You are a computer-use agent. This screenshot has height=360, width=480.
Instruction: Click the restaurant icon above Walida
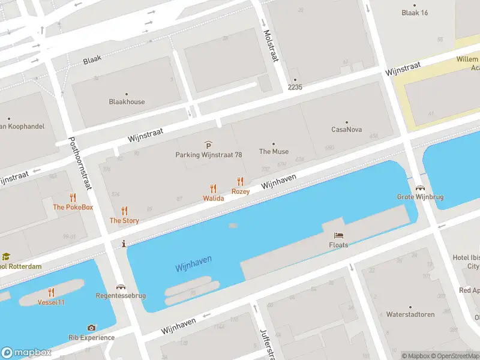pos(213,188)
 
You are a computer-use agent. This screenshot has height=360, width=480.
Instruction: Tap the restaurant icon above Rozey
pos(241,181)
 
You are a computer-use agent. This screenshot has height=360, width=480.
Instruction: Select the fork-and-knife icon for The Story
pos(124,211)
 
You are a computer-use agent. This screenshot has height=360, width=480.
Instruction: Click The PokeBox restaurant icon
pos(73,197)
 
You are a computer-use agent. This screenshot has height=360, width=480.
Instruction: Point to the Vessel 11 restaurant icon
pos(52,292)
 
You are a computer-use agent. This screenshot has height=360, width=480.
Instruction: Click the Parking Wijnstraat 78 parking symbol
pos(208,145)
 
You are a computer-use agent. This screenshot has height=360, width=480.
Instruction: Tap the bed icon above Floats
pos(338,236)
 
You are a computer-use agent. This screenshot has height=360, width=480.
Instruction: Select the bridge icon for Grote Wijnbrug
pos(419,188)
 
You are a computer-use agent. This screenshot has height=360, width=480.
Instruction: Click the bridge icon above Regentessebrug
pos(121,287)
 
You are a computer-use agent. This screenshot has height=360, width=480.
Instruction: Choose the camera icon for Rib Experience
pos(91,328)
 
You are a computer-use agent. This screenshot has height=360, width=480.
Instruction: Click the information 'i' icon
pos(124,244)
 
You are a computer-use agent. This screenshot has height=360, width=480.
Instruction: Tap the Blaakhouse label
pos(127,101)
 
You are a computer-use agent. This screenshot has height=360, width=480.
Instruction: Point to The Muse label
pos(274,152)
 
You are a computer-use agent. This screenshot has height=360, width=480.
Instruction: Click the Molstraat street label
pos(271,44)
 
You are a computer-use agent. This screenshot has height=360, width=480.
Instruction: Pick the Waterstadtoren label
pos(410,314)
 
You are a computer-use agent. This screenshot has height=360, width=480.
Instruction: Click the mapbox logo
pos(26,352)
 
